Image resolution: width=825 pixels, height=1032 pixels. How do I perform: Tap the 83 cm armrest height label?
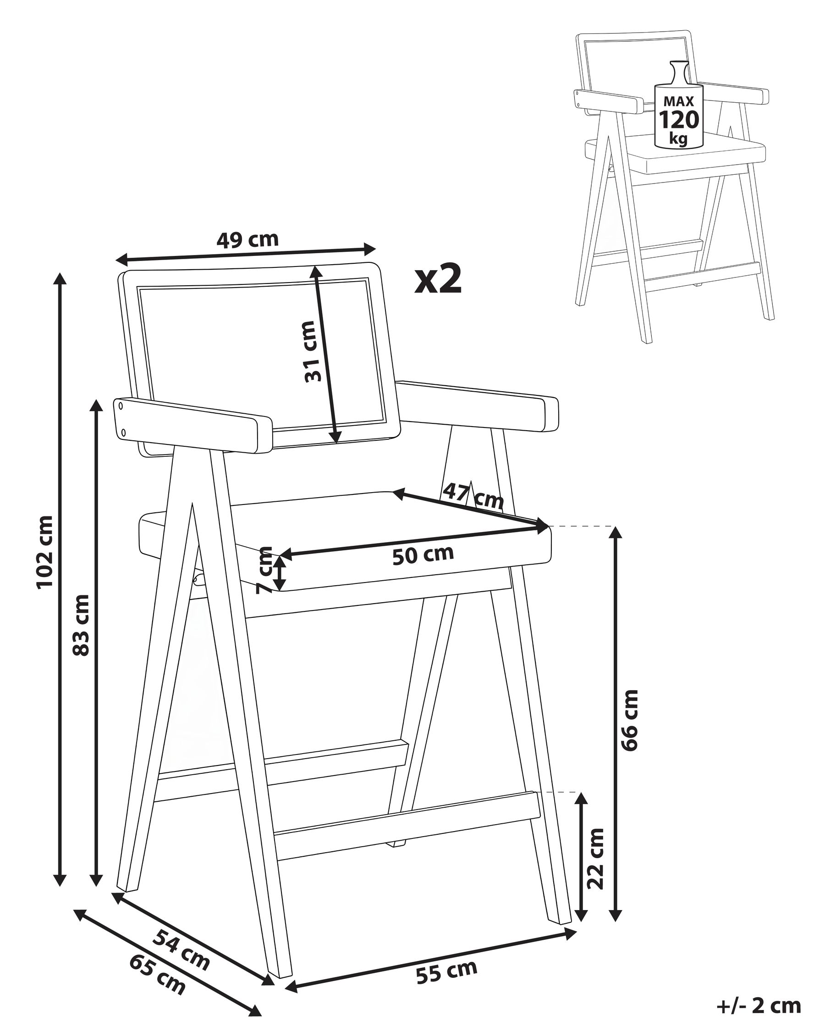point(81,625)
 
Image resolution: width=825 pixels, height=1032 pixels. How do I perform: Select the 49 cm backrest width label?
point(247,239)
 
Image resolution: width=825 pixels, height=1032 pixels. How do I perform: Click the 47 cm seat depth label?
point(473,496)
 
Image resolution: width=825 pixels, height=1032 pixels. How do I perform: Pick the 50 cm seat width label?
point(423,555)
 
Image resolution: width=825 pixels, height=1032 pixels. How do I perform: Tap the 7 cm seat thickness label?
point(264,570)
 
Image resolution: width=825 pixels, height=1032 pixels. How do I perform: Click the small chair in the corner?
point(673,187)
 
